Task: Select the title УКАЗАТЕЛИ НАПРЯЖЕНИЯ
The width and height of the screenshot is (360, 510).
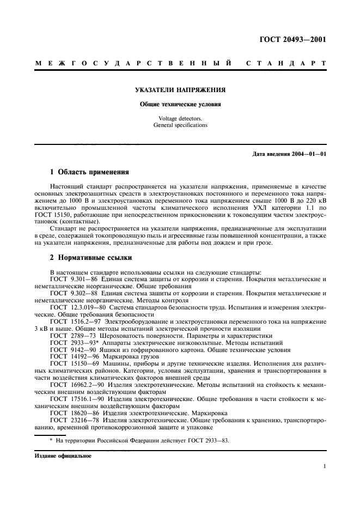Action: coord(180,90)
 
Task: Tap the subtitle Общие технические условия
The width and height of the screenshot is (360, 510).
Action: coord(180,104)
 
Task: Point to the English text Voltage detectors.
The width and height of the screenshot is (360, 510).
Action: coord(180,118)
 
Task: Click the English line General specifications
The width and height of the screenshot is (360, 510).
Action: coord(180,125)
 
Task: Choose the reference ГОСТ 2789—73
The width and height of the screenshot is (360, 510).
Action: coord(69,336)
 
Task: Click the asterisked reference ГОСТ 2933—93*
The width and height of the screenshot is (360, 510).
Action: coord(70,343)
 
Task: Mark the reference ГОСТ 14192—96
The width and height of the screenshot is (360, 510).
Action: coord(70,357)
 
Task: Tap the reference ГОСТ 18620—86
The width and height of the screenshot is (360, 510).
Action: coord(70,414)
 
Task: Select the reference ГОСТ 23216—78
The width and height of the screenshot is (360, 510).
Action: coord(70,421)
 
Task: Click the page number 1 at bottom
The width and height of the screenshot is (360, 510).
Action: coord(325,466)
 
